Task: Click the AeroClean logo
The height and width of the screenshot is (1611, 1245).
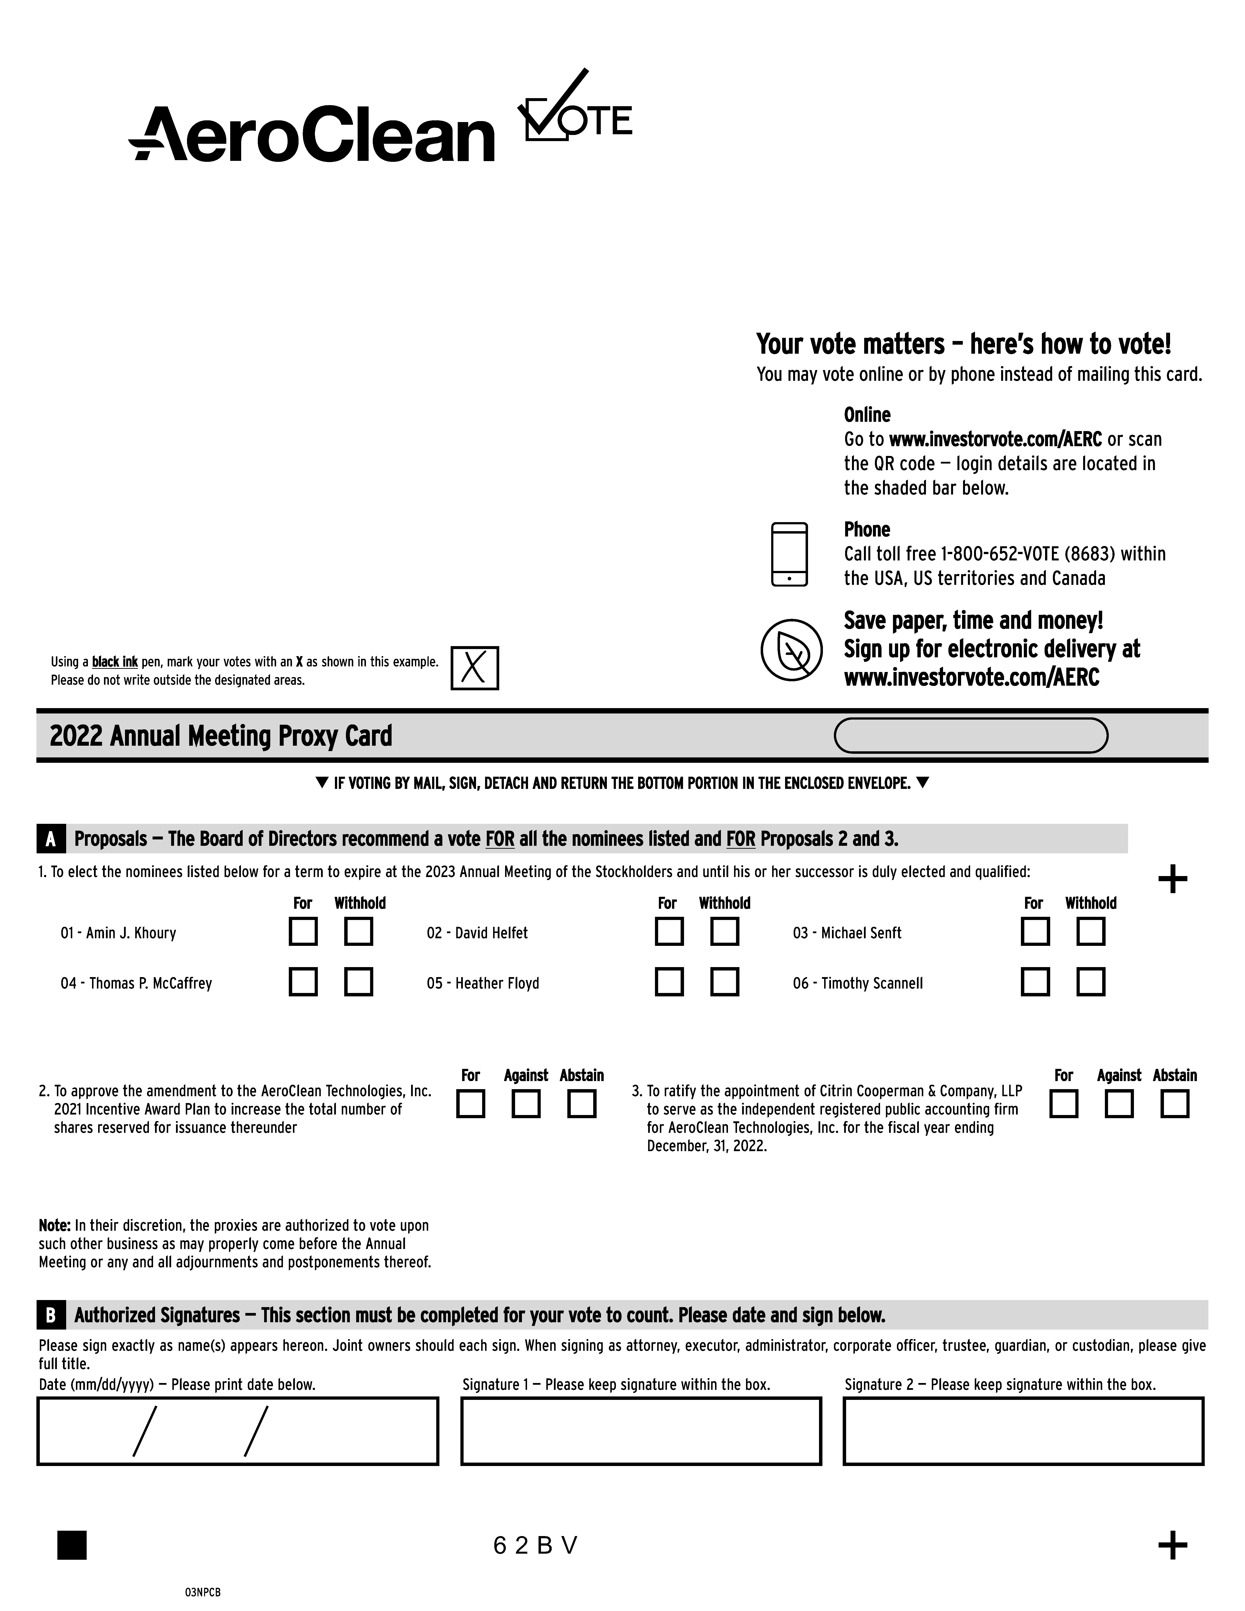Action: tap(311, 134)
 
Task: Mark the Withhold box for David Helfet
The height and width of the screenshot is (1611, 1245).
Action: tap(724, 932)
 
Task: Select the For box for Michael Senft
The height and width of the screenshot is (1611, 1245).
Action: tap(1035, 932)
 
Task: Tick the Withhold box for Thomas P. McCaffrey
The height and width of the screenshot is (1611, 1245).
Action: tap(358, 982)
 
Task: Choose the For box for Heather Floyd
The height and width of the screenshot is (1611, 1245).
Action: tap(669, 982)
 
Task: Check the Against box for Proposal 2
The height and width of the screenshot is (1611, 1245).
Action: tap(526, 1104)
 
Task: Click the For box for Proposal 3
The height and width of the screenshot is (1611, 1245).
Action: tap(1064, 1104)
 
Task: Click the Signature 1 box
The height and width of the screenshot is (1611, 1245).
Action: tap(641, 1431)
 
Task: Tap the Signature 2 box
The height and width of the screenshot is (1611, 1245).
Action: tap(1023, 1431)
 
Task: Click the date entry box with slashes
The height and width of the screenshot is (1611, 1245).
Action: tap(238, 1431)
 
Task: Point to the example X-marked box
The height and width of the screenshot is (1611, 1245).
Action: tap(474, 668)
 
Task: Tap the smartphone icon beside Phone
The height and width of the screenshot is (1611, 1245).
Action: tap(789, 555)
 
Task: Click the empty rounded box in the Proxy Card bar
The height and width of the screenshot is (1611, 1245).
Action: tap(971, 735)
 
